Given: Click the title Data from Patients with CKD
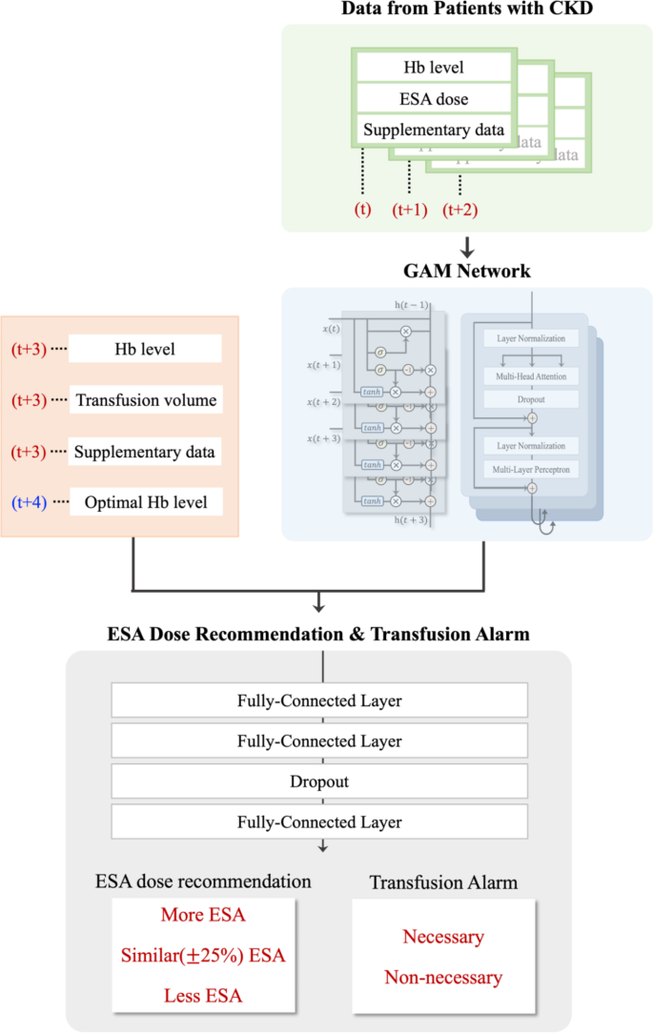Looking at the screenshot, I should [466, 10].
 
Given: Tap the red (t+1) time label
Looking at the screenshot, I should [409, 210].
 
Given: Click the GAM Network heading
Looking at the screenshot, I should [466, 272].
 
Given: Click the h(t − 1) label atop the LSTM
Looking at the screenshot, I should [410, 305].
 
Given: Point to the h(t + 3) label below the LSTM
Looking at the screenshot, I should [410, 520].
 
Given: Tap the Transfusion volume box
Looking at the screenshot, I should [145, 400].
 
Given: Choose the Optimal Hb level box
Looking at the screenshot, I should [145, 501].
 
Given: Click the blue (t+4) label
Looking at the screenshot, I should [29, 501].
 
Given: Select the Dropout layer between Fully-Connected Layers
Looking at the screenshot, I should [319, 781].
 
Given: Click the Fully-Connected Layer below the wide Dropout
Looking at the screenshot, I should [319, 821].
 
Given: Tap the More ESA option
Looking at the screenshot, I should [202, 916].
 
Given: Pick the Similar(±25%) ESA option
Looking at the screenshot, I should [202, 956].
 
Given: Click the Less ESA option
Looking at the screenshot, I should [202, 996].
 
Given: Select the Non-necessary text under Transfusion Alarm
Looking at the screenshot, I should [443, 977].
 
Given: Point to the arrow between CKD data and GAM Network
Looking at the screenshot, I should [467, 247].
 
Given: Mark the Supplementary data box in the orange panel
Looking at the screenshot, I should [145, 451].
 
